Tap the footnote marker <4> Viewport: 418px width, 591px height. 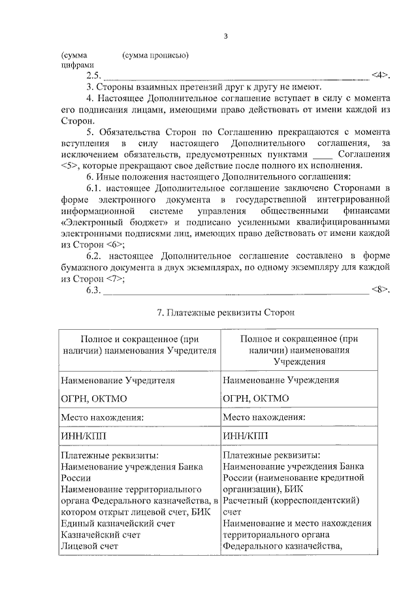click(x=381, y=75)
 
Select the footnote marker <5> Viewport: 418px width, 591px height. click(x=71, y=167)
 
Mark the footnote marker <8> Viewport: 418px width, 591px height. click(x=381, y=289)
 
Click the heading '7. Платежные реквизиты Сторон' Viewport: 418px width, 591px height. click(x=226, y=313)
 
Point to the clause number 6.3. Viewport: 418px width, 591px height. click(x=93, y=290)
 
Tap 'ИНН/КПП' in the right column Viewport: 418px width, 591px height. click(x=240, y=436)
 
